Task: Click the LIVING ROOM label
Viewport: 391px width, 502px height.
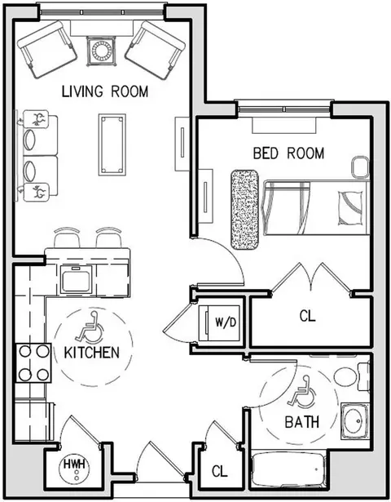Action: (x=105, y=91)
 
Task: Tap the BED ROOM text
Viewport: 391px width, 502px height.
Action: (x=288, y=153)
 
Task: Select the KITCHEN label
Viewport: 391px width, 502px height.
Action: (x=92, y=353)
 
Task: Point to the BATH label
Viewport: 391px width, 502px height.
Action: (x=302, y=422)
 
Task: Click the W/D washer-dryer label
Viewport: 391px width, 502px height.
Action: (x=226, y=322)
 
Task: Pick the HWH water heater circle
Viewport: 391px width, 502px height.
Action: (x=76, y=469)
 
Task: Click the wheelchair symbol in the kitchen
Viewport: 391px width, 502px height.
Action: (x=90, y=327)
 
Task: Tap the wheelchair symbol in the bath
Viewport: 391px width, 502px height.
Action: (x=302, y=392)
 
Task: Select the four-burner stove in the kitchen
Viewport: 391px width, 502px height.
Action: (x=34, y=362)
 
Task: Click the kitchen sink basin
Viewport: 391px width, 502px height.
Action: (x=76, y=279)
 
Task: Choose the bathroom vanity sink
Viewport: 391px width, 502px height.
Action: (x=355, y=420)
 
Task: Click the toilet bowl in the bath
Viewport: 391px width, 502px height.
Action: (x=345, y=377)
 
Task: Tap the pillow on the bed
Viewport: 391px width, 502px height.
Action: (x=350, y=207)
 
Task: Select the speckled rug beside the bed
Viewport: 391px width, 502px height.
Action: (x=244, y=210)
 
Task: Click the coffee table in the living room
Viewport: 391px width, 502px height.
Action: (x=112, y=144)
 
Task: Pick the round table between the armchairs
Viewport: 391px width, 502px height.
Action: (x=101, y=51)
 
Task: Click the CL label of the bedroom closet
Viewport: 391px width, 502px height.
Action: (x=307, y=317)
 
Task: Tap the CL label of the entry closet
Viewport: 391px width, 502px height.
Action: (x=220, y=471)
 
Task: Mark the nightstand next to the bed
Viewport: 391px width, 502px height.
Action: (x=360, y=167)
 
